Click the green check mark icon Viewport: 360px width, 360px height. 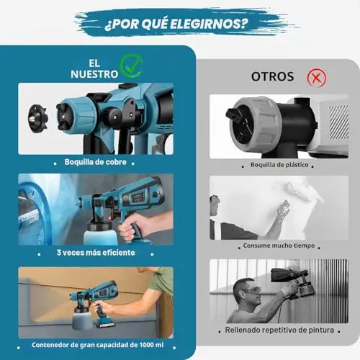click(x=132, y=66)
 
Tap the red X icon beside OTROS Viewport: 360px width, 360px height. click(x=317, y=78)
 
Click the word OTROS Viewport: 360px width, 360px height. click(x=272, y=76)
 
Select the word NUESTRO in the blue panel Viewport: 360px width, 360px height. click(x=94, y=74)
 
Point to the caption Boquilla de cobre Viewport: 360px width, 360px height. click(x=95, y=162)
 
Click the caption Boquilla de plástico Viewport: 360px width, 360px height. click(x=279, y=165)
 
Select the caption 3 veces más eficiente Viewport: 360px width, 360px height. click(x=96, y=253)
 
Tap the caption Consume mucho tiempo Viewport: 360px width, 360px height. click(x=279, y=246)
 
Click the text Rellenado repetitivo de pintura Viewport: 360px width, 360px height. click(x=279, y=330)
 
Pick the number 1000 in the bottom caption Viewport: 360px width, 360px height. click(x=146, y=345)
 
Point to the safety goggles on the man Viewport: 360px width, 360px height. click(x=251, y=291)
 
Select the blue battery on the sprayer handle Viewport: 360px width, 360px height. click(x=106, y=323)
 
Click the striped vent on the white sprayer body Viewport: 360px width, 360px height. click(x=338, y=122)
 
